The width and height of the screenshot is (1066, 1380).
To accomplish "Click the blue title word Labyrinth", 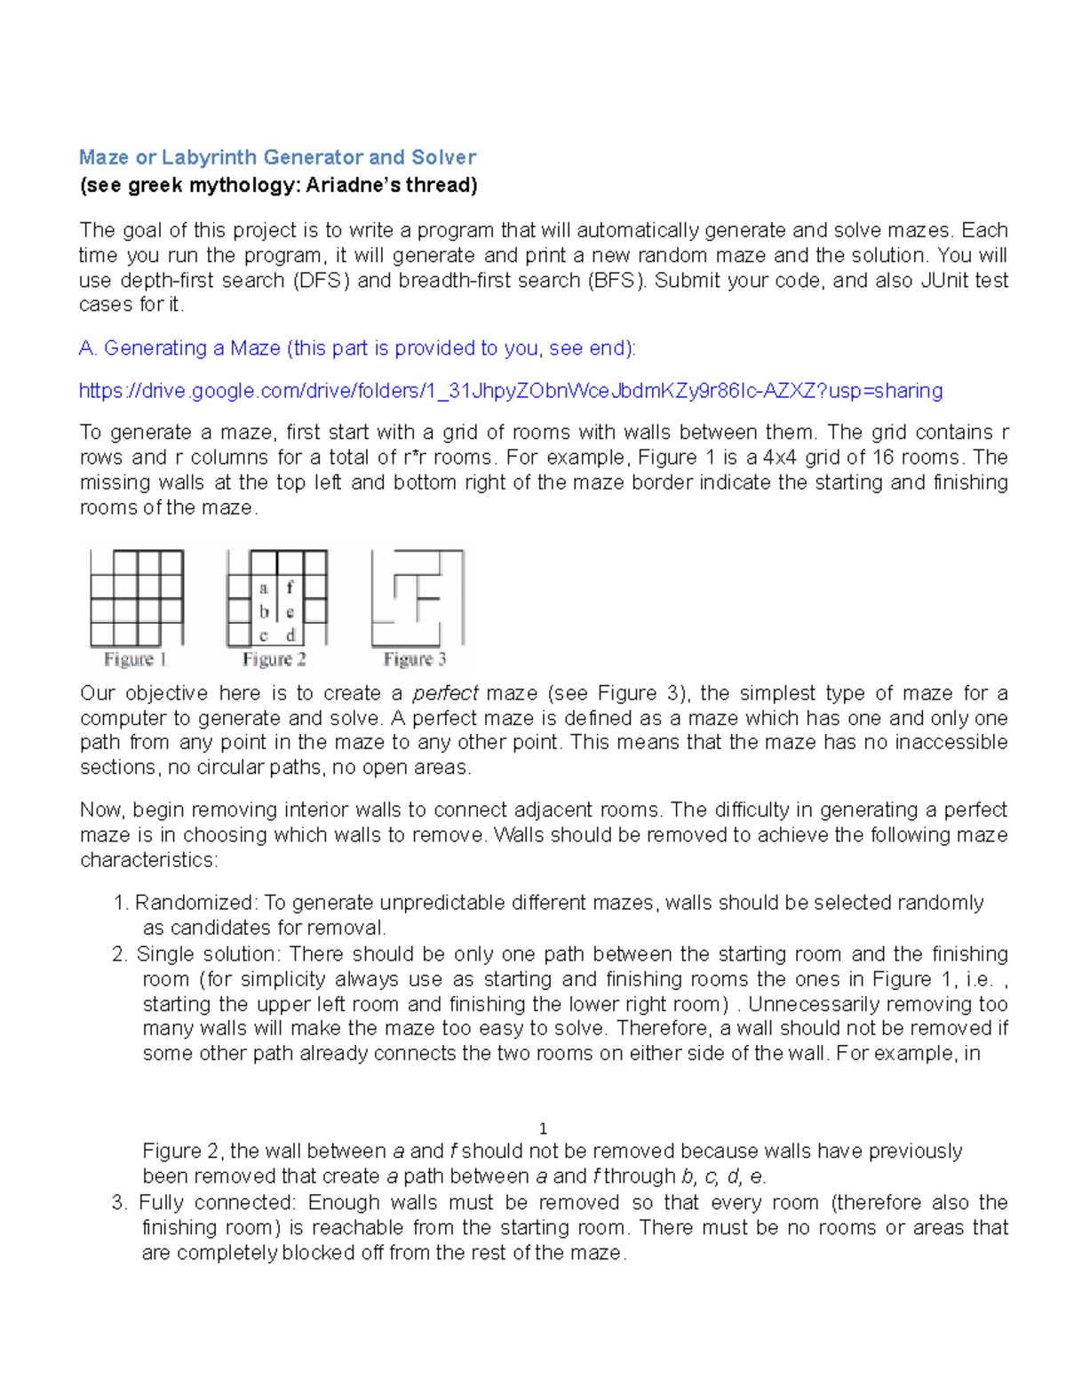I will pos(210,158).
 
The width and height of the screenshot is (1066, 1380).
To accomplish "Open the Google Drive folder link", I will pos(511,391).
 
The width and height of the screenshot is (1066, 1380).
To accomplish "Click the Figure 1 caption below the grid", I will pos(135,659).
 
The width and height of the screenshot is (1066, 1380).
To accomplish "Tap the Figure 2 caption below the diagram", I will pos(274,659).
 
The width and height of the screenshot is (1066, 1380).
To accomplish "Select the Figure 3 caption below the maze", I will pos(414,659).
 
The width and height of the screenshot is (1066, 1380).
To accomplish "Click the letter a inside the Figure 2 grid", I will pos(264,588).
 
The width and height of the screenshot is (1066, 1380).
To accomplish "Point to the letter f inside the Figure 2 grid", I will pos(290,587).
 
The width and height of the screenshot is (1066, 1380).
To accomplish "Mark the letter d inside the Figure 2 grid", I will pos(290,635).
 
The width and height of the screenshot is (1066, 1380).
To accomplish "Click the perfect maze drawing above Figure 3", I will pos(417,598).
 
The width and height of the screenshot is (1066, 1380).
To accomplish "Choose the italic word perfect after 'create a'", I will pos(446,694).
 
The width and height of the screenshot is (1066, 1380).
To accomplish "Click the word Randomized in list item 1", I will pos(195,904).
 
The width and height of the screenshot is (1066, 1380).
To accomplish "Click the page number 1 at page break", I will pos(543,1129).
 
